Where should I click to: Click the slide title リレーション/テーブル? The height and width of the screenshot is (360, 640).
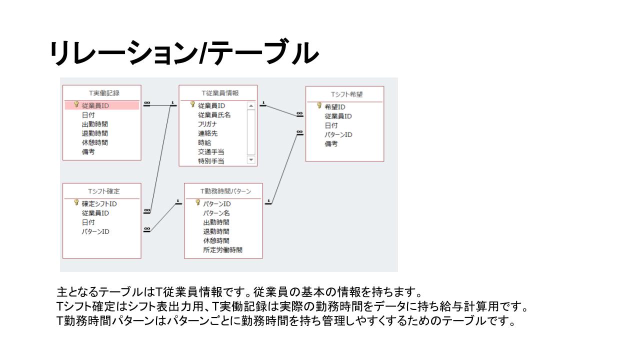pos(184,53)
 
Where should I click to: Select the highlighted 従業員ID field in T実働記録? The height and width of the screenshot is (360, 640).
pos(95,105)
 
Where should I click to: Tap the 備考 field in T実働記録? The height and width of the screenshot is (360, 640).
pos(88,151)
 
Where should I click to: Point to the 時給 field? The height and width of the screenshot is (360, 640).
pos(204,142)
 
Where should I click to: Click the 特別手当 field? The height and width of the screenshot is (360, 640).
pos(211,161)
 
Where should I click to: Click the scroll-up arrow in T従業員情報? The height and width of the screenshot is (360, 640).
pos(251,105)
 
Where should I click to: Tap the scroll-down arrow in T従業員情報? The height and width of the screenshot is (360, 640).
pos(251,160)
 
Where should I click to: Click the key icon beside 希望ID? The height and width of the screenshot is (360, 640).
pos(318,106)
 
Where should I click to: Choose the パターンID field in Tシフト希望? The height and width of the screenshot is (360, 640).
pos(338,134)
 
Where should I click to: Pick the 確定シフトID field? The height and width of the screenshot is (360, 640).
pos(99,203)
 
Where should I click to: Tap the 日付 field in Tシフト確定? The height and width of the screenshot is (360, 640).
pos(88,222)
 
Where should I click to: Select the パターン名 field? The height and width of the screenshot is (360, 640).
pos(216,213)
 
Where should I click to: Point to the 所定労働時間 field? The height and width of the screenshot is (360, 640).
pos(222,249)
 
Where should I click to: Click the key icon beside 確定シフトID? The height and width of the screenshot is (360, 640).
pos(76,203)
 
